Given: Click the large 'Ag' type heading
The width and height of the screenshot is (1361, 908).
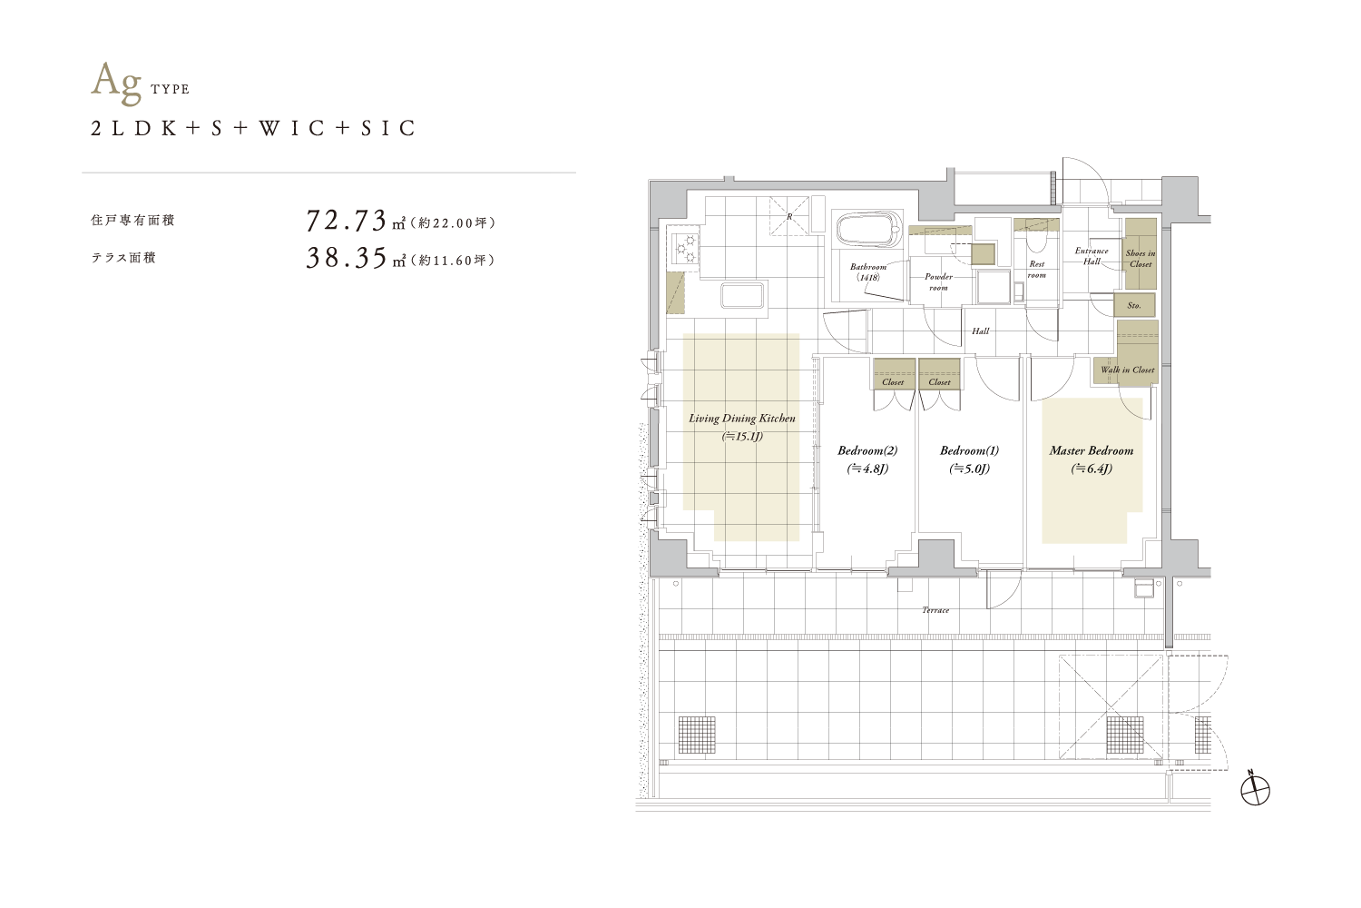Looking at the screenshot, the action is [x=116, y=84].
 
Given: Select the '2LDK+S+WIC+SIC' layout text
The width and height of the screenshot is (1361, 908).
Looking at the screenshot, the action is [x=253, y=128].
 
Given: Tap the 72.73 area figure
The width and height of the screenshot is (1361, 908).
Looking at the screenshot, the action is [x=347, y=220].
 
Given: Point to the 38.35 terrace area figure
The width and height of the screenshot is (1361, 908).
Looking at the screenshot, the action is [x=347, y=258].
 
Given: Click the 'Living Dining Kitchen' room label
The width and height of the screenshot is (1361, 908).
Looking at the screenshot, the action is [x=742, y=419].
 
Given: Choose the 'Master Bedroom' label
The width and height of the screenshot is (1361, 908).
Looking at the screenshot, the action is [x=1092, y=450].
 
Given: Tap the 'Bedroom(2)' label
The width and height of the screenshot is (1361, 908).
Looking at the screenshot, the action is [x=867, y=450].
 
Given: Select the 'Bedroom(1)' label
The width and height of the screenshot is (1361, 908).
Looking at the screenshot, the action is [x=970, y=450].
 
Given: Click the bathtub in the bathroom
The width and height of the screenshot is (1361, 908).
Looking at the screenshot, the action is [x=868, y=231].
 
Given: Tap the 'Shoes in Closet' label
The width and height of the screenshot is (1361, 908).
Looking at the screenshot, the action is [x=1141, y=259].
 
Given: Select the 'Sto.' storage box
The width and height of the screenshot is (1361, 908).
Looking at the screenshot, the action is [x=1134, y=305].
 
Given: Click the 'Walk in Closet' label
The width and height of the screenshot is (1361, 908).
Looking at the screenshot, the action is [x=1128, y=370].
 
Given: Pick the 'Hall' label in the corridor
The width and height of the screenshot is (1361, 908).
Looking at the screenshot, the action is [x=980, y=331].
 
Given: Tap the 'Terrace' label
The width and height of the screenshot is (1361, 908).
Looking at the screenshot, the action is [x=935, y=610].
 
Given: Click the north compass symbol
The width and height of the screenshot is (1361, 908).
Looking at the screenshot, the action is [x=1255, y=790].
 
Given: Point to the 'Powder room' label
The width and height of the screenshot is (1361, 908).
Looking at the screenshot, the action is [x=938, y=282].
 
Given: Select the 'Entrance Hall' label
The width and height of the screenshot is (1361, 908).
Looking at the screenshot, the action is [x=1092, y=256].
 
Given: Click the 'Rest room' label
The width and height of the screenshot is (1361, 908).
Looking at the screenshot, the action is [x=1036, y=270].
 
